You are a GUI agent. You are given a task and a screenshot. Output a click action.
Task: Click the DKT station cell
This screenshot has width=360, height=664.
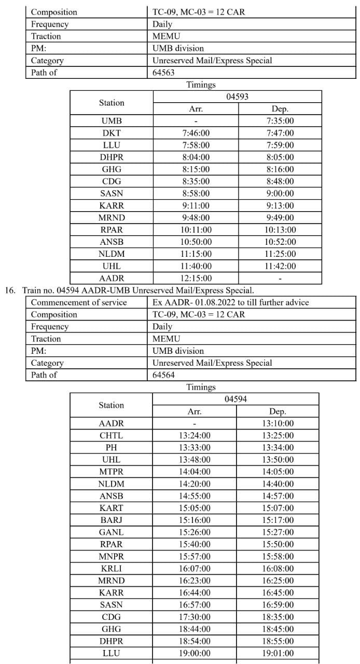click(x=112, y=133)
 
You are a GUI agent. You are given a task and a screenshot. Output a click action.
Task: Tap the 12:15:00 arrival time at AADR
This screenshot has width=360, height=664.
click(x=196, y=279)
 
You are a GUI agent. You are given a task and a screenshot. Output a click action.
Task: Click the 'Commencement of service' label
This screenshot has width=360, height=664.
click(x=79, y=302)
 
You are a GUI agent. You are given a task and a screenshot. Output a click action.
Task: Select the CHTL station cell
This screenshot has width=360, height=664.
click(x=111, y=436)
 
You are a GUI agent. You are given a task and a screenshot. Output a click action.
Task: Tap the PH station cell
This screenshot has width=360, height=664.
click(x=111, y=448)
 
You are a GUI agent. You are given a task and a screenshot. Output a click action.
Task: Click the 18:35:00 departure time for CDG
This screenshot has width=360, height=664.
click(x=278, y=617)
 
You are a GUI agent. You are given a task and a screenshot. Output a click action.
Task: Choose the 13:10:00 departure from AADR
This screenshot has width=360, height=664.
click(x=278, y=424)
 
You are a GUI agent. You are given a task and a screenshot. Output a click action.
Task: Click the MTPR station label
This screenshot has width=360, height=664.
click(x=111, y=472)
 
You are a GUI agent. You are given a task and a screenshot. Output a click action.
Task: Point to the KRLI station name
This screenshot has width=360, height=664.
click(x=111, y=569)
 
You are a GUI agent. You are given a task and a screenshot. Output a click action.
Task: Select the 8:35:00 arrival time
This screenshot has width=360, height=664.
click(x=196, y=182)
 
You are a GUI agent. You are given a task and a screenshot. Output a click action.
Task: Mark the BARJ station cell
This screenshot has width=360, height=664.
click(x=111, y=520)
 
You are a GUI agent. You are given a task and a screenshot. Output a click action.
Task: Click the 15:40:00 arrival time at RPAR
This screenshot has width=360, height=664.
click(x=195, y=544)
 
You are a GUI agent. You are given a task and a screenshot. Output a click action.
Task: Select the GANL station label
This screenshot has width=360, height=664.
click(x=111, y=532)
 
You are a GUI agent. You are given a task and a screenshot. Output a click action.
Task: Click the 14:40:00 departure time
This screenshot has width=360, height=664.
click(x=278, y=484)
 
